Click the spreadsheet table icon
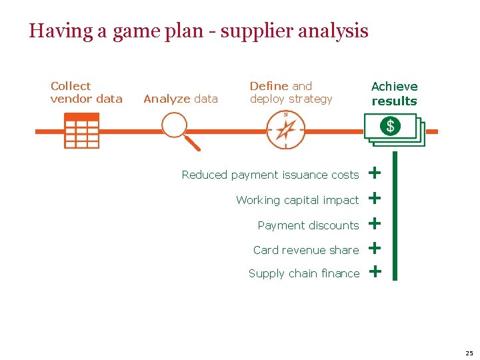click(x=81, y=131)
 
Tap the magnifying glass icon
click(x=177, y=128)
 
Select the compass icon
click(x=285, y=129)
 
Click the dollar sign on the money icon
click(x=390, y=126)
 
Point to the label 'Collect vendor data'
click(x=86, y=93)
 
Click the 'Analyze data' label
click(x=181, y=99)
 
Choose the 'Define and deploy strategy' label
click(x=291, y=93)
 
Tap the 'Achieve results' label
click(x=394, y=94)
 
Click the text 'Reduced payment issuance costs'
click(x=270, y=175)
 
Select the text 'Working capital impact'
click(x=297, y=200)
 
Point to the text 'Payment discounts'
click(x=308, y=225)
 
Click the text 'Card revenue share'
click(x=306, y=250)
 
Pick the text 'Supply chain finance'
click(x=304, y=273)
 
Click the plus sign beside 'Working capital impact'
click(x=375, y=198)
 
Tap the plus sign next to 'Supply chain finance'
click(x=375, y=271)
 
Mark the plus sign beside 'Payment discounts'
click(x=375, y=223)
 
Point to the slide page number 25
click(x=469, y=353)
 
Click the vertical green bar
click(x=394, y=215)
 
